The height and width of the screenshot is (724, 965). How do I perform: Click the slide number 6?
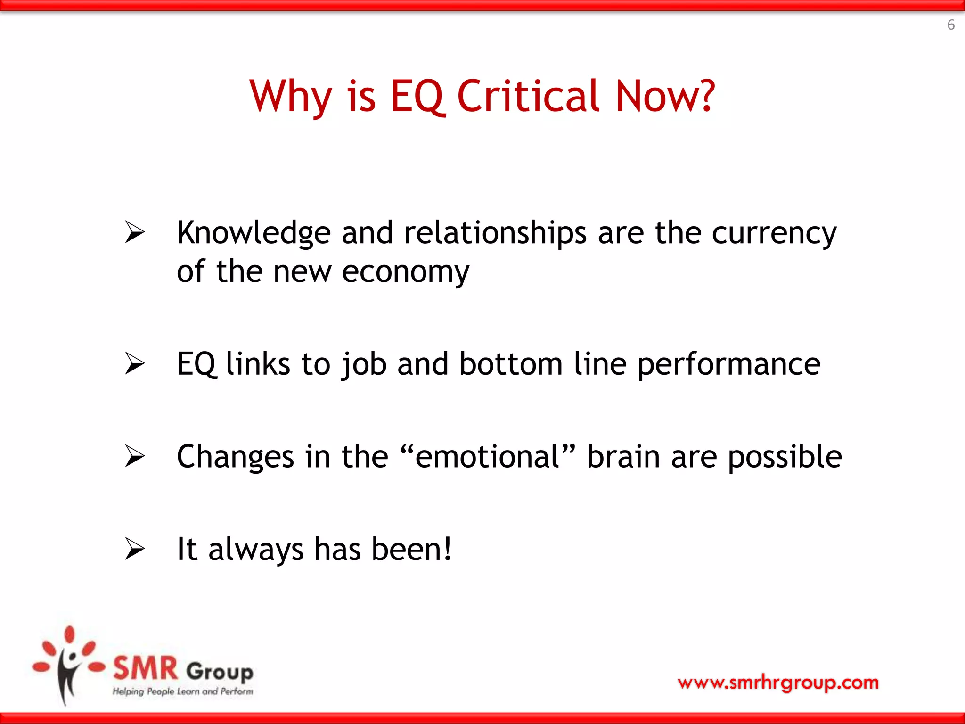coord(951,25)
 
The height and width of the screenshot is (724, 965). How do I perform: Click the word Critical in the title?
coord(529,97)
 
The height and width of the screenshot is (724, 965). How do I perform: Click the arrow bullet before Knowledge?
coord(135,232)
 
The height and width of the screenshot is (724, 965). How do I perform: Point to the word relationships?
coord(495,233)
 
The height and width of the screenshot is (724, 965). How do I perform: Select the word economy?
coord(405,273)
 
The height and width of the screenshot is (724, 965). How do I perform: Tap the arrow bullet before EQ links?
coord(135,363)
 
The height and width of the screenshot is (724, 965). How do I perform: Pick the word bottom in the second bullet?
coord(511,364)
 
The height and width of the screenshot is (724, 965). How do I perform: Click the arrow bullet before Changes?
coord(135,456)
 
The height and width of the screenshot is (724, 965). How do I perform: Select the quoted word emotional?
coord(487,456)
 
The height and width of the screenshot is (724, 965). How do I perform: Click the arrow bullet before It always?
coord(135,549)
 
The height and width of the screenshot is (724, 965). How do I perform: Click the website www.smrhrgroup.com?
coord(778,682)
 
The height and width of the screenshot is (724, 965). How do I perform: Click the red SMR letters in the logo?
coord(145,668)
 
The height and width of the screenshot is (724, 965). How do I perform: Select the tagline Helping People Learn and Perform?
coord(182,691)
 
